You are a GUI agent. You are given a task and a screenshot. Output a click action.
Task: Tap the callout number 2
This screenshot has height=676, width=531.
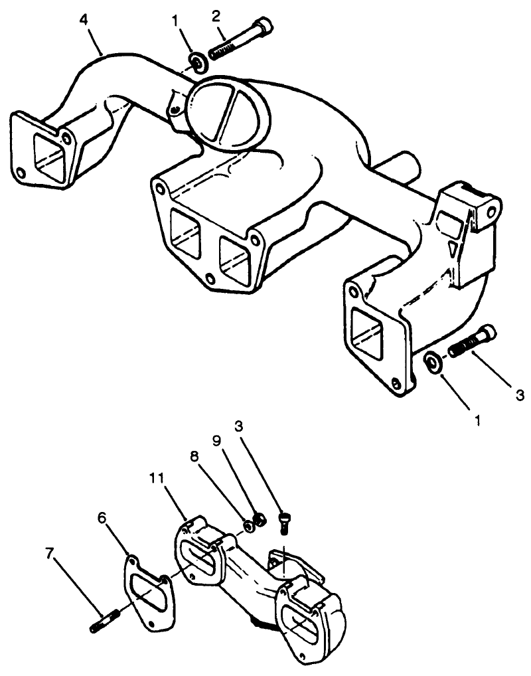tap(216, 16)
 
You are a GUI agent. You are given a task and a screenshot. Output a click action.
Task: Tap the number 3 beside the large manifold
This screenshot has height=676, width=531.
tap(520, 393)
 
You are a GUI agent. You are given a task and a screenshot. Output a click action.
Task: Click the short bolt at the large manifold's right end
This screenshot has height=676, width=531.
tap(472, 341)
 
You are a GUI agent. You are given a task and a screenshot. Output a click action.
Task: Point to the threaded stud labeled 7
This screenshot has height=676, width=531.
tap(103, 623)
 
